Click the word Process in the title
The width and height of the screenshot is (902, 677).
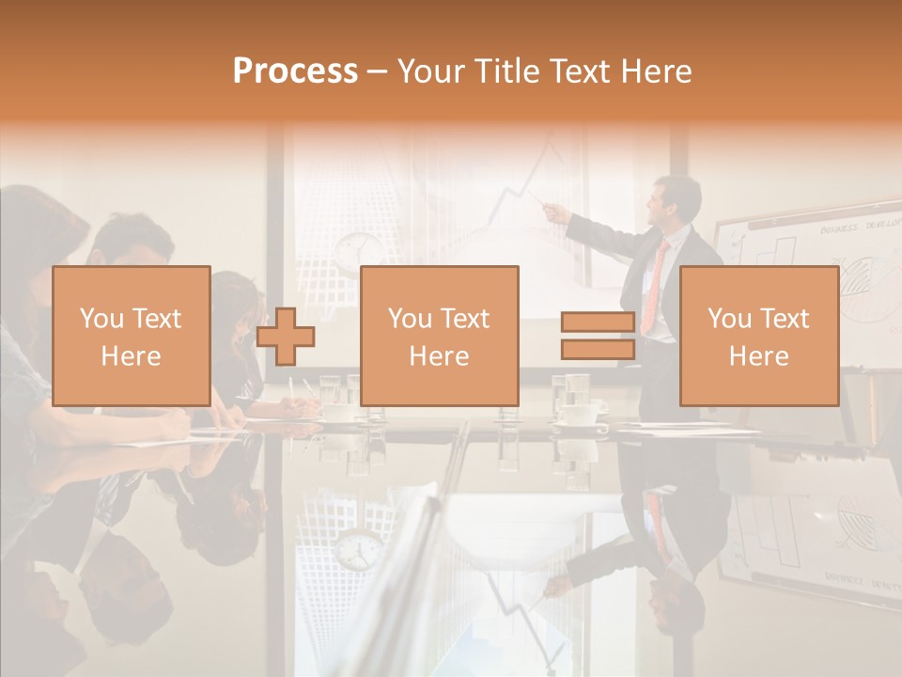295,71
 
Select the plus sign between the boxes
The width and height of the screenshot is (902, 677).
286,336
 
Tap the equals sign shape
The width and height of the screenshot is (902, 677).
598,336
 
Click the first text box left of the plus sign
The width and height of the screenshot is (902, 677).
131,336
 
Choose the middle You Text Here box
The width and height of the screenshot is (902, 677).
439,336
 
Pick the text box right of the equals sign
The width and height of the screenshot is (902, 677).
758,336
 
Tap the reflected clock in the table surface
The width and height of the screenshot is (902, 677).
357,550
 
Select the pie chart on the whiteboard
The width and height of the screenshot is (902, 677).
858,282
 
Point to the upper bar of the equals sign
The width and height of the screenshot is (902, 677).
598,322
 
